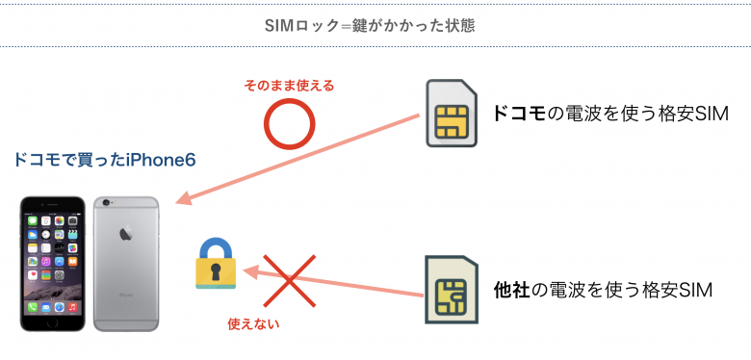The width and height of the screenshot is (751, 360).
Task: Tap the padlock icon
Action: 217,263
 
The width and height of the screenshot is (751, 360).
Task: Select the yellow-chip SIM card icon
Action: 452,114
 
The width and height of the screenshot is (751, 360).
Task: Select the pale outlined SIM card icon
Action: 451,289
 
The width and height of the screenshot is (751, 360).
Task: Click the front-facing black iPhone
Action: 56,262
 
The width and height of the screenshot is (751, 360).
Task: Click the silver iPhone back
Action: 126,262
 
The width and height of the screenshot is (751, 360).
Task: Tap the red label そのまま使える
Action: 290,86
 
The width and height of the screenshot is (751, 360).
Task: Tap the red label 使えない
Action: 253,323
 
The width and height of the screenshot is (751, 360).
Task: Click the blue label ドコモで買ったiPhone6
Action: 105,160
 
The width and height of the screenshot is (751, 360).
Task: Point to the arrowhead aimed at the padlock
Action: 249,270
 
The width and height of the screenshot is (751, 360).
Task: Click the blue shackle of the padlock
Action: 217,247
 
